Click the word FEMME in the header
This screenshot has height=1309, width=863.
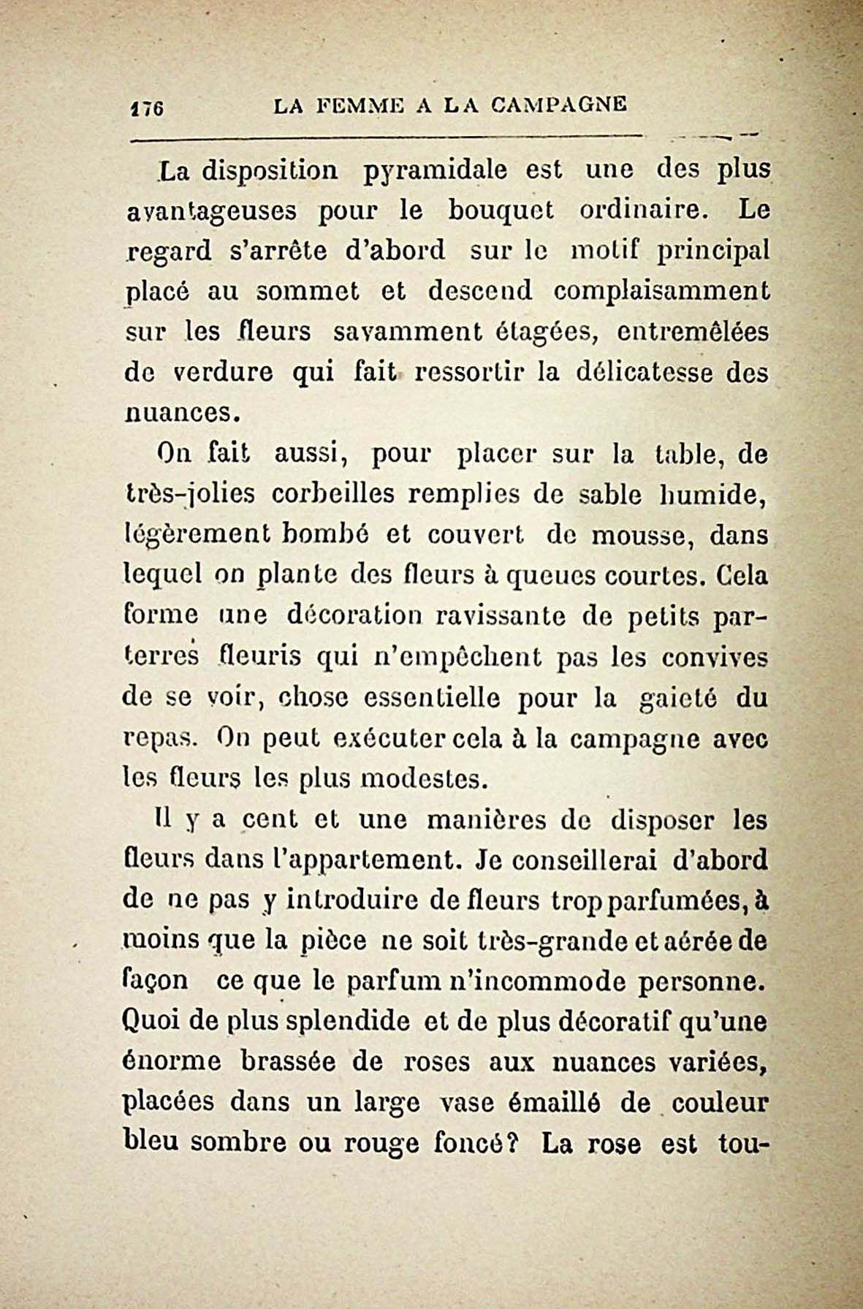353,105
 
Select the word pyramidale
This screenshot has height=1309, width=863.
435,170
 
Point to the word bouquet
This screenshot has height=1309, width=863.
500,210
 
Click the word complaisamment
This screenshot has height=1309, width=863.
661,291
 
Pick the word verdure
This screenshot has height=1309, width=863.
223,373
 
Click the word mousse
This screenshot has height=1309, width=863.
633,536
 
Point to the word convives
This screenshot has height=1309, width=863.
714,657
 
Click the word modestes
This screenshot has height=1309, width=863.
424,780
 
